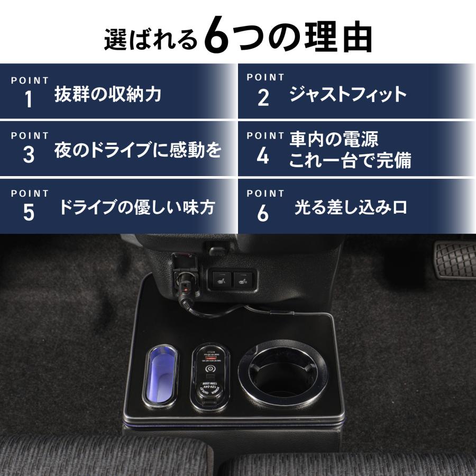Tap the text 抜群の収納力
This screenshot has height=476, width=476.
108,95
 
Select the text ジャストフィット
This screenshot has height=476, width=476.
347,95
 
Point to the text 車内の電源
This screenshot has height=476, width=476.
334,140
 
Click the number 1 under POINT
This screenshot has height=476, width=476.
29,99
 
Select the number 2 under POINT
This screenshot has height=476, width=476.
263,98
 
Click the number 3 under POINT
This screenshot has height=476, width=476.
29,155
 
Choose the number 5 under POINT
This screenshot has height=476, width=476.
29,212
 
